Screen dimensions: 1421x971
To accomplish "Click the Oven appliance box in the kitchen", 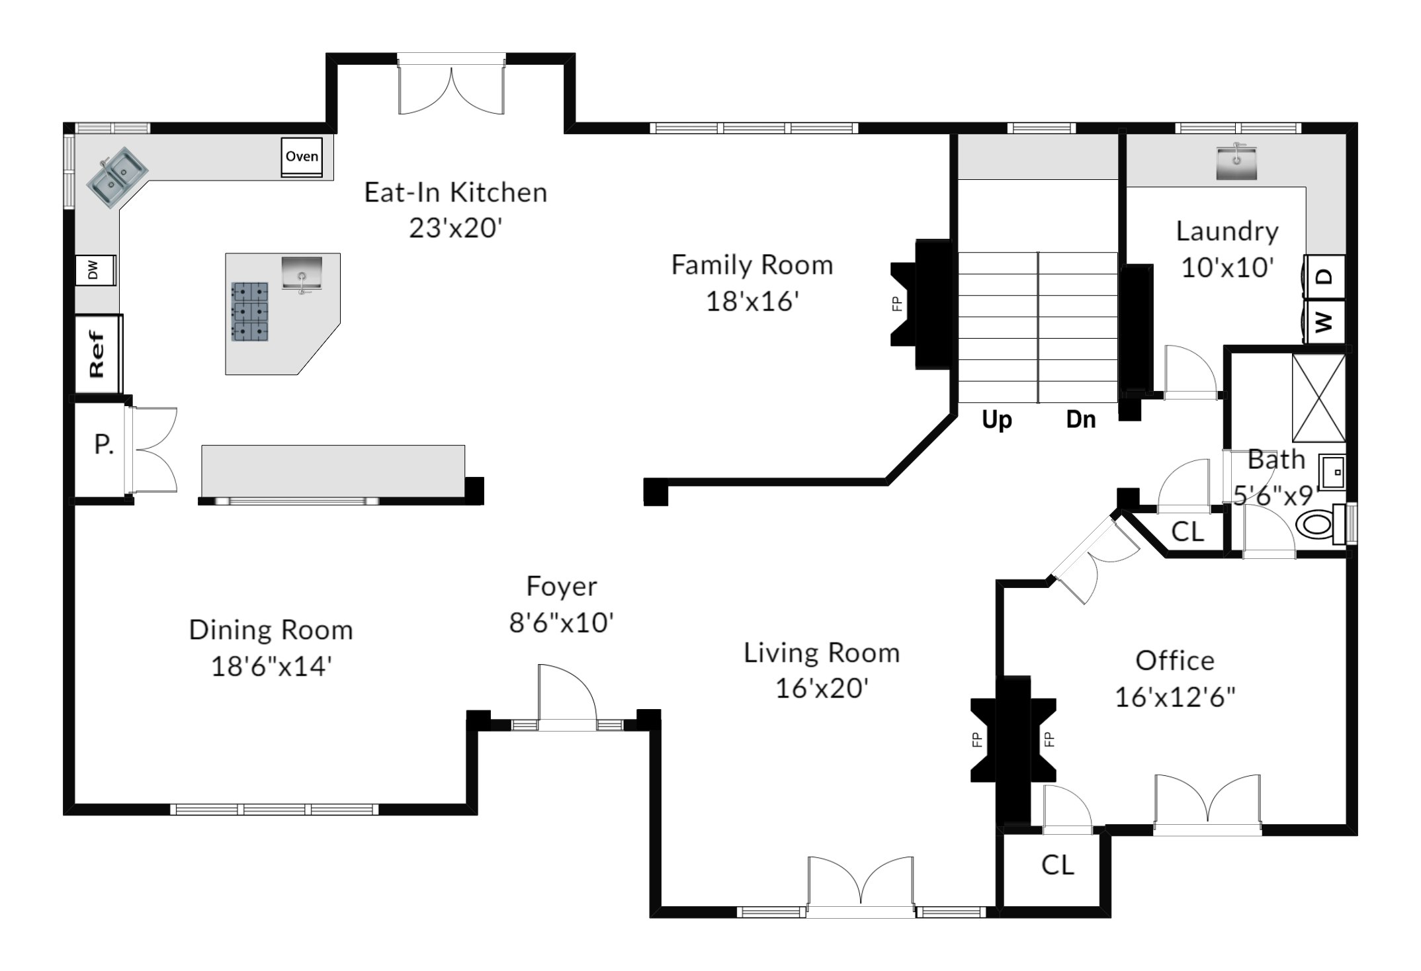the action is click(302, 157).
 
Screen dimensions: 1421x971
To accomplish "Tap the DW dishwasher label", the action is click(93, 270).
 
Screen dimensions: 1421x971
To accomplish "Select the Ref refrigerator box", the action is click(98, 355).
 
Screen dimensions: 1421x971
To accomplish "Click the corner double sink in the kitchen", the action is click(118, 175).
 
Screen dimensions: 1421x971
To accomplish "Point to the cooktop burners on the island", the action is click(250, 312).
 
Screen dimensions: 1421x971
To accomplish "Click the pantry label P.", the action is click(104, 444).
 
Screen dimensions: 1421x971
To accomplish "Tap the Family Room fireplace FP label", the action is click(897, 304).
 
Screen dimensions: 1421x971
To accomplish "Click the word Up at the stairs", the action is click(996, 419).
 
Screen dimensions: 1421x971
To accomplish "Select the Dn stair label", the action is click(1081, 419).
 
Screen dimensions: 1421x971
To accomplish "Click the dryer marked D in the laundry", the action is click(1325, 276).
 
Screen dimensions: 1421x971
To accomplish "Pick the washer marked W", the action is click(1325, 322).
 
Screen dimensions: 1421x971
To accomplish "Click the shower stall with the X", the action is click(1319, 398).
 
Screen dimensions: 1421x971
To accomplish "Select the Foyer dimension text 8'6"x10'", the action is click(562, 622).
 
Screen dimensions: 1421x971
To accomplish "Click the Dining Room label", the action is click(271, 630).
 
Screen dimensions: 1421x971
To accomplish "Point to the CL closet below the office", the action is click(1057, 865).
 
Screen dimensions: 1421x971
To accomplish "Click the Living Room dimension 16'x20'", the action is click(822, 689).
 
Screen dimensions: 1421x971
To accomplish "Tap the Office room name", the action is click(1175, 660).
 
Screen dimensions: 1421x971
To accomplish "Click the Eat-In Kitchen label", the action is click(456, 192).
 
